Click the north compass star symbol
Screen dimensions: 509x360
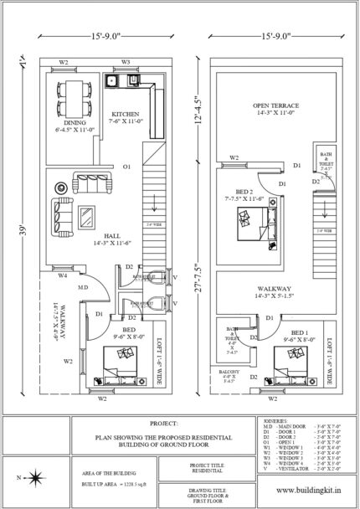38,476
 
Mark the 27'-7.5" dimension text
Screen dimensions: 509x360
198,286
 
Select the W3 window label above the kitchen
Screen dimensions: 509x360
126,61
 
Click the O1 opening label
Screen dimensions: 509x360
126,167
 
